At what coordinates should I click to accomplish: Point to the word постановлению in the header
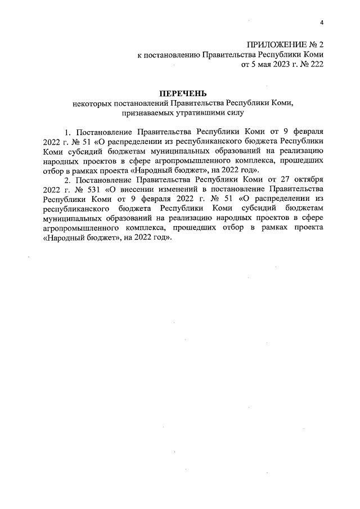170,55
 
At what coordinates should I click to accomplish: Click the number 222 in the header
317,65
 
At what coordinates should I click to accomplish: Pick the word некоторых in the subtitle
91,103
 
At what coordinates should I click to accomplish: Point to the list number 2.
68,181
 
